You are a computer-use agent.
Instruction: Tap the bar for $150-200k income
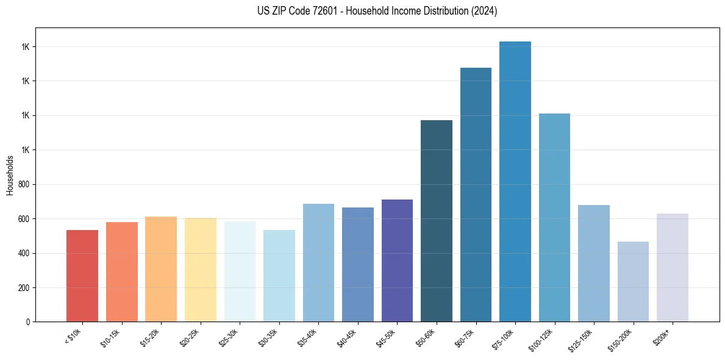(x=633, y=281)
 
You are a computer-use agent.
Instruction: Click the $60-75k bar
(x=476, y=195)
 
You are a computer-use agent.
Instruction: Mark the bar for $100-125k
(x=554, y=217)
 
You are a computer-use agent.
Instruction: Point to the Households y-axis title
(x=10, y=175)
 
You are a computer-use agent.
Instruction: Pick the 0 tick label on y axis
(x=27, y=322)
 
